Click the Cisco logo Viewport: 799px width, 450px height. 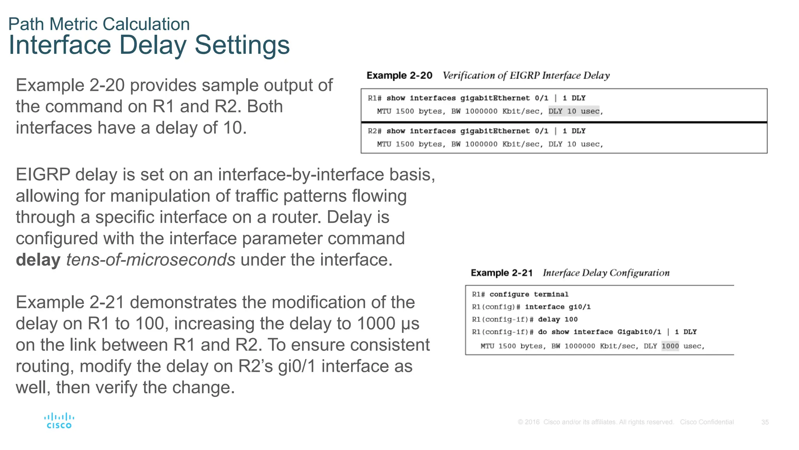59,421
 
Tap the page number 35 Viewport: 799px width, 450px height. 765,422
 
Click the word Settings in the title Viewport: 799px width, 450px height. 242,45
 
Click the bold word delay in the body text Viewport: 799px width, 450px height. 38,260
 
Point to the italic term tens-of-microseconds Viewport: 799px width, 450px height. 151,260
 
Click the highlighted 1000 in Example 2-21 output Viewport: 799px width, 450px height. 670,346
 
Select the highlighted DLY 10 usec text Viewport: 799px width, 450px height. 574,111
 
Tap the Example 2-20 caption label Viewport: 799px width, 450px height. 399,75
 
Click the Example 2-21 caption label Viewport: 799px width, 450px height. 501,273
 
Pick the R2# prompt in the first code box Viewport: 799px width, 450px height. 374,131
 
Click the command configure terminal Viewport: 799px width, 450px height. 529,294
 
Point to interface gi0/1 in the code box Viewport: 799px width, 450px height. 558,307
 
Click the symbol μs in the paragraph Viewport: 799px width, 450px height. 410,324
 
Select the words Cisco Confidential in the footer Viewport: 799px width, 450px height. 707,422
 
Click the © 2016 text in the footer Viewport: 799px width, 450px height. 528,422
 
